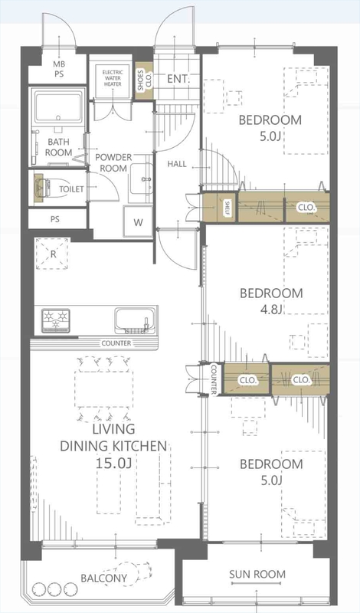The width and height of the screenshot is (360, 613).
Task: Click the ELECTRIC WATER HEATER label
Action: [x=113, y=78]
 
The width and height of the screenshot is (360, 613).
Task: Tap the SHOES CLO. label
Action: [x=144, y=80]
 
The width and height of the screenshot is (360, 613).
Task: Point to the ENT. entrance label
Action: [x=178, y=79]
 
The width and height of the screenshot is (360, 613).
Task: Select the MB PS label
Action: [x=60, y=69]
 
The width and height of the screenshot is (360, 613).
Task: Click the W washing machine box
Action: [x=138, y=222]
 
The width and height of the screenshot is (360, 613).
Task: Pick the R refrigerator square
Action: [x=53, y=254]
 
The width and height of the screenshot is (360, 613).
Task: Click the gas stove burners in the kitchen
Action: [x=56, y=320]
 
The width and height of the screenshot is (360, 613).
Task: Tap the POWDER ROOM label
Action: [x=113, y=162]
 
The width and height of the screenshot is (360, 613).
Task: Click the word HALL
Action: [x=177, y=164]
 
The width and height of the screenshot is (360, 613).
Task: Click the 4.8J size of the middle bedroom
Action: [x=271, y=310]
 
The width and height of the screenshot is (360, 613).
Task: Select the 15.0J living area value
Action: [x=113, y=464]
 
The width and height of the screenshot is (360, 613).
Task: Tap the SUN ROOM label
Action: [x=257, y=574]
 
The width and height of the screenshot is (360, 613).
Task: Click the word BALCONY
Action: [x=103, y=579]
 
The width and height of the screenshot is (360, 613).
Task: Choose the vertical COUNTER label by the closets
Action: [x=214, y=379]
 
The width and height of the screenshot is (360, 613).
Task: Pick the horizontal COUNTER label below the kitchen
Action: [x=116, y=343]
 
